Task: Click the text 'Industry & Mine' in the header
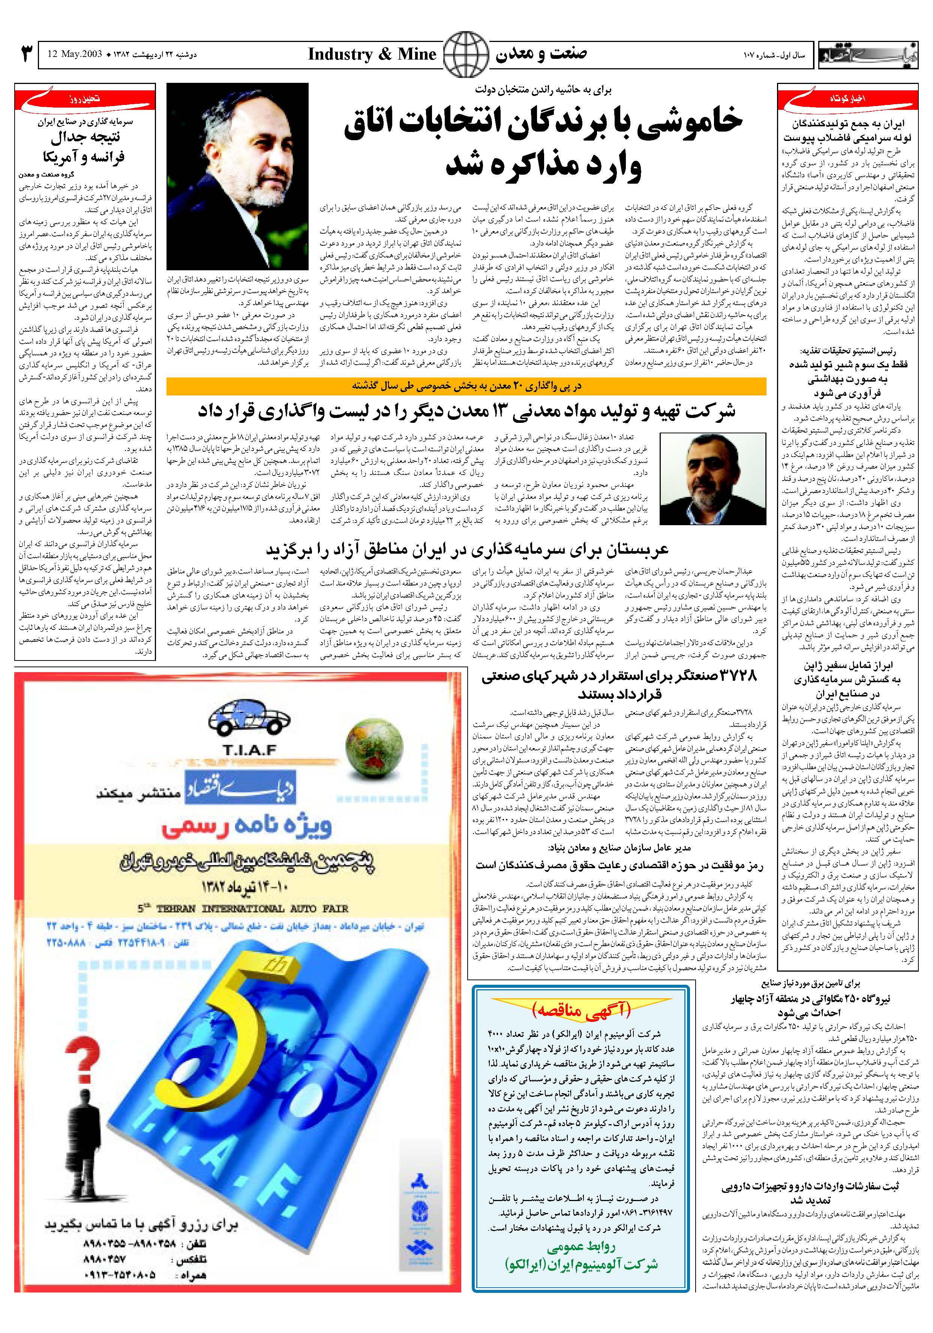(x=372, y=55)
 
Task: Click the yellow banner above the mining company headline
(x=466, y=386)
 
